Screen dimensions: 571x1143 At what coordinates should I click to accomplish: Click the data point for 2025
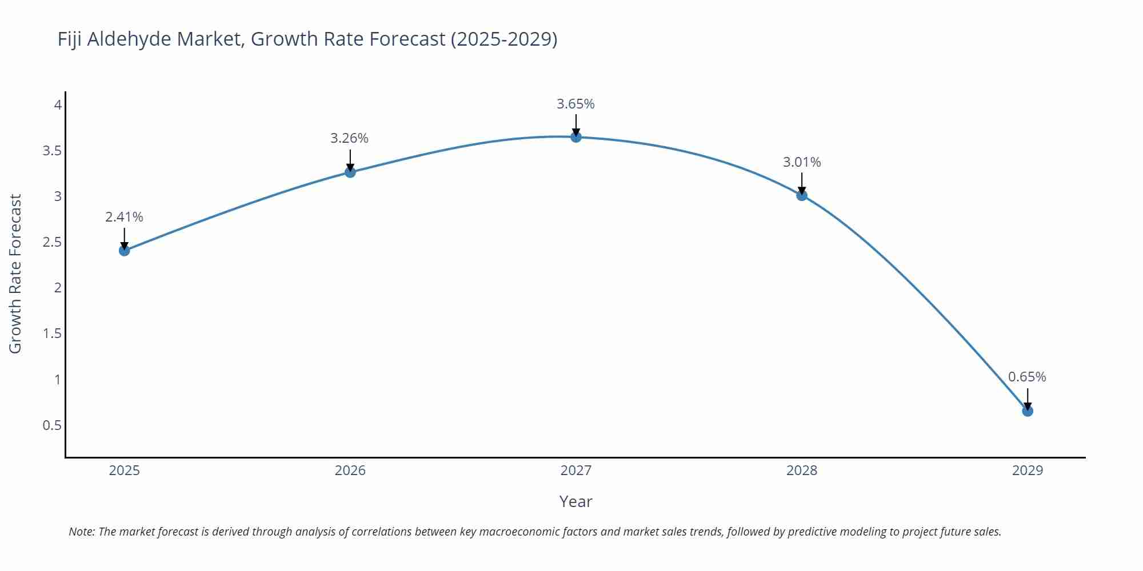click(125, 250)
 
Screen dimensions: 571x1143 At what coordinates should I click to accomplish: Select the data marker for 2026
click(350, 172)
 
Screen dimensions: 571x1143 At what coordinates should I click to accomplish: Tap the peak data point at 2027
click(576, 136)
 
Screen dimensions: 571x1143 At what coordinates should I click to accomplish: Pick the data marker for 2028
click(802, 195)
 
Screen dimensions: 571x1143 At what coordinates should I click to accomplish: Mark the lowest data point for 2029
click(1028, 411)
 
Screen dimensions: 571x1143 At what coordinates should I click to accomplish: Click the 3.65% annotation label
click(576, 104)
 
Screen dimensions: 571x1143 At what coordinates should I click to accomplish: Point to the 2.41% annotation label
click(124, 217)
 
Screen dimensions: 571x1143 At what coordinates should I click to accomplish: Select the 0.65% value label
click(1027, 377)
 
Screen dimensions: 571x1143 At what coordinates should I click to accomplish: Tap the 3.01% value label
click(802, 162)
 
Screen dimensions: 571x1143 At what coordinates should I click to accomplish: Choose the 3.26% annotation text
click(349, 138)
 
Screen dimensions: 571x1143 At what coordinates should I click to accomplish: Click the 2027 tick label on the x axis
click(576, 471)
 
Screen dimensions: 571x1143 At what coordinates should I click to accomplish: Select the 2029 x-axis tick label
click(1028, 471)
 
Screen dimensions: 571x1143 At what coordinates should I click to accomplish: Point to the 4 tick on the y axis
click(58, 104)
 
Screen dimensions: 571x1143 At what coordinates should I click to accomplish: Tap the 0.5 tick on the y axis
click(52, 425)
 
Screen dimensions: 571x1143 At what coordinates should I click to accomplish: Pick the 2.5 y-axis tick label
click(52, 242)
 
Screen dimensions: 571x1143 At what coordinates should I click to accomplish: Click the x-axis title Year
click(576, 501)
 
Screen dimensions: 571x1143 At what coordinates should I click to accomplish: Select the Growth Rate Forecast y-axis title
click(15, 274)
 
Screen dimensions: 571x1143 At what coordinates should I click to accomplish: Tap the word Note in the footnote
click(81, 532)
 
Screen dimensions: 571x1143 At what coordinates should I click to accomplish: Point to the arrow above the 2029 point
click(1028, 398)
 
